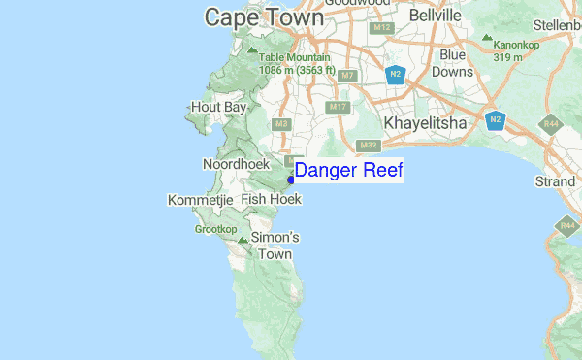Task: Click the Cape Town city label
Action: (x=264, y=16)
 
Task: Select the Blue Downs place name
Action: (x=452, y=63)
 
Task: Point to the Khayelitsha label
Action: (x=427, y=123)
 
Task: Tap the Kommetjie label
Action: (x=201, y=200)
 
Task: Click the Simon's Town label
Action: (x=275, y=245)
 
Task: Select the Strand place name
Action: (x=555, y=181)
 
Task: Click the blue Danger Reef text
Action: (x=348, y=172)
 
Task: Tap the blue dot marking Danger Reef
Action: (x=291, y=179)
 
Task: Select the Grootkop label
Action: (x=215, y=230)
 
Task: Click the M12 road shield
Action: (x=381, y=27)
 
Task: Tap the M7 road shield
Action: (x=350, y=75)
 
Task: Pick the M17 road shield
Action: (x=339, y=107)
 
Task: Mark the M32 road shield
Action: (x=368, y=146)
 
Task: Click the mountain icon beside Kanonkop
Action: (x=486, y=39)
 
